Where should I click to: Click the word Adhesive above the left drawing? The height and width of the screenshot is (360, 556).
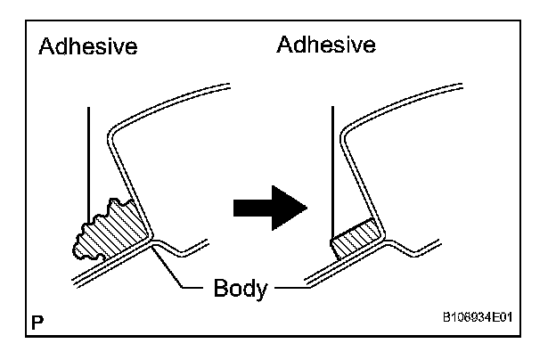point(88,46)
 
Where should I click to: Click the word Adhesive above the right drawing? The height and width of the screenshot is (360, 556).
point(326,44)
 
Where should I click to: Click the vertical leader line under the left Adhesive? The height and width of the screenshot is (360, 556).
point(88,160)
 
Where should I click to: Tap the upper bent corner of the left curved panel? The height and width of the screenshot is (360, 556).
point(113,134)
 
